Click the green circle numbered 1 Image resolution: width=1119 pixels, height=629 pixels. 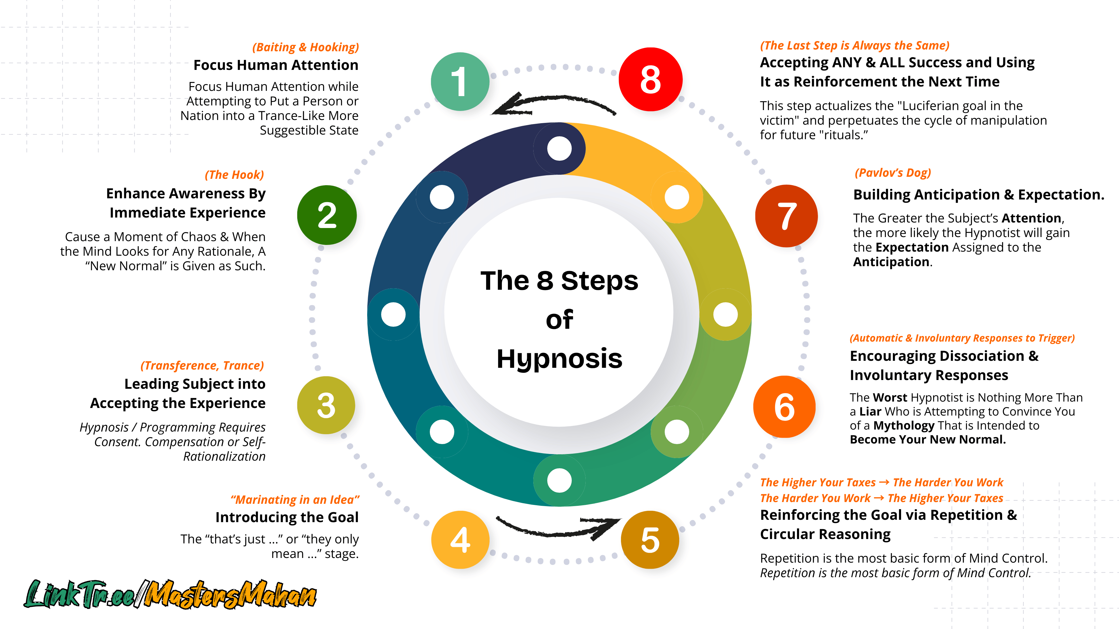coord(460,82)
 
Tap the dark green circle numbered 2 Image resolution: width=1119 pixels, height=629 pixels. coord(327,215)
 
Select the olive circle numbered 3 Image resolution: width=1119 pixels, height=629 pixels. coord(326,405)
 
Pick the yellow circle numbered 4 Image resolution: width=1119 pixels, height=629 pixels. coord(460,540)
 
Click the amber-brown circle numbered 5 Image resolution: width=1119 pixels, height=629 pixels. coord(650,540)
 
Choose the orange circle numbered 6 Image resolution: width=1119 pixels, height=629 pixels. coord(784,407)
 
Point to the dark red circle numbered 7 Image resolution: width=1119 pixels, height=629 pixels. coord(786,216)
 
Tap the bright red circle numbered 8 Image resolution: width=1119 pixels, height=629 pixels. coord(650,79)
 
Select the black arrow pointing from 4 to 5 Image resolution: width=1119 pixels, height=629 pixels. coord(558,527)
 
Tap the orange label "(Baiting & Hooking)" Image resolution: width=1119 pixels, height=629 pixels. coord(305,47)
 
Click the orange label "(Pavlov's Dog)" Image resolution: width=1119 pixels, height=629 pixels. coord(893,173)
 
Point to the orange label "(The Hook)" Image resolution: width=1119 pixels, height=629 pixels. coord(234,174)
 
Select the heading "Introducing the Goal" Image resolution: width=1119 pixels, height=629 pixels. coord(287,517)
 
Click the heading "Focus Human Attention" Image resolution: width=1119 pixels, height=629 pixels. coord(276,65)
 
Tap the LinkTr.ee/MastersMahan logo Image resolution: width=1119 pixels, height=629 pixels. coord(170,594)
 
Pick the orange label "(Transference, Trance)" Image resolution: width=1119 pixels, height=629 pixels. coord(202,365)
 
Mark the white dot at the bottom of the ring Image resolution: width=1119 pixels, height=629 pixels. coord(559,480)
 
